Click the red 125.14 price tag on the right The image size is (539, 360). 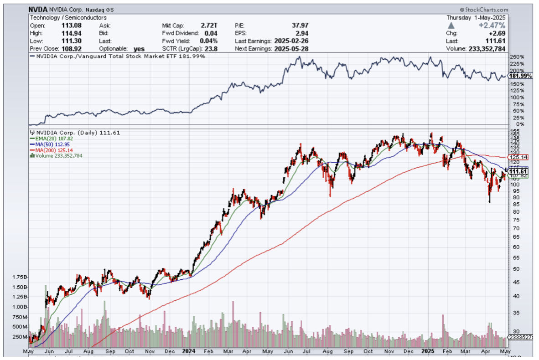point(519,157)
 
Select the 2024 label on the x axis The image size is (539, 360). point(188,351)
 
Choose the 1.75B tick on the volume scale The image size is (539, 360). point(20,277)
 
